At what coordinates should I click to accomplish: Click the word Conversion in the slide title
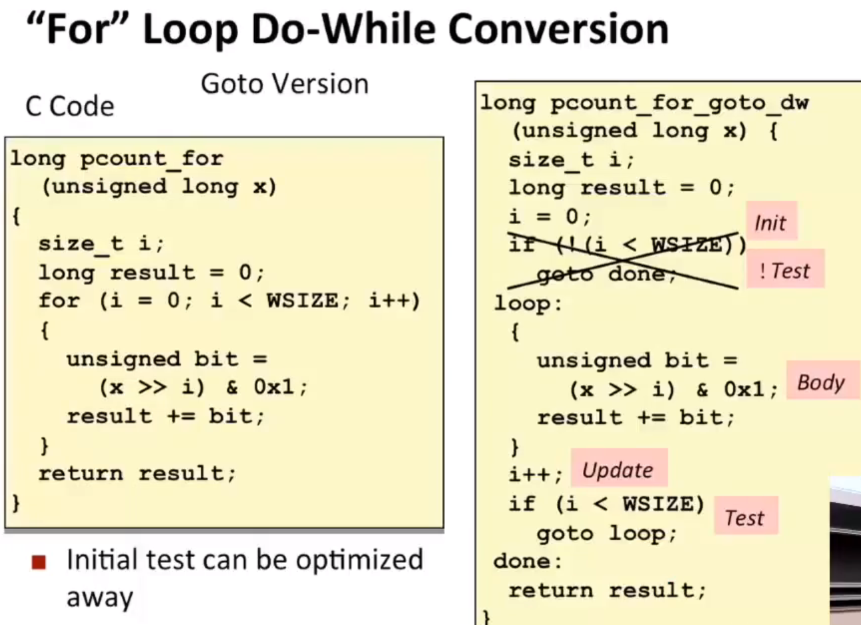(x=558, y=29)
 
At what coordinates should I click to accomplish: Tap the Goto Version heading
(x=285, y=84)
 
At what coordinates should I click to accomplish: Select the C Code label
(x=70, y=106)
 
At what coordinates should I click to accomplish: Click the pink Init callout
(x=771, y=221)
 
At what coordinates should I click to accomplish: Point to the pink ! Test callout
(x=785, y=269)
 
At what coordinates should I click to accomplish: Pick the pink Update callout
(x=619, y=468)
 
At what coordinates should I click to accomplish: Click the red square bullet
(x=39, y=562)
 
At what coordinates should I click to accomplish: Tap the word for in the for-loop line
(x=59, y=301)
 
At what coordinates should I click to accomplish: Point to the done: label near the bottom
(x=528, y=562)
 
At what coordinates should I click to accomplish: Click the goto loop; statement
(x=607, y=534)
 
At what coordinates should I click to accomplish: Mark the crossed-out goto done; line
(x=606, y=275)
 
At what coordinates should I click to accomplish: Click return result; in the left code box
(x=137, y=473)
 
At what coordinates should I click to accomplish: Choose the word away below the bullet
(x=100, y=598)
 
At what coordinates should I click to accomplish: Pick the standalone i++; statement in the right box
(x=536, y=475)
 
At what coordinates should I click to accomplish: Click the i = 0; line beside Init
(x=550, y=217)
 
